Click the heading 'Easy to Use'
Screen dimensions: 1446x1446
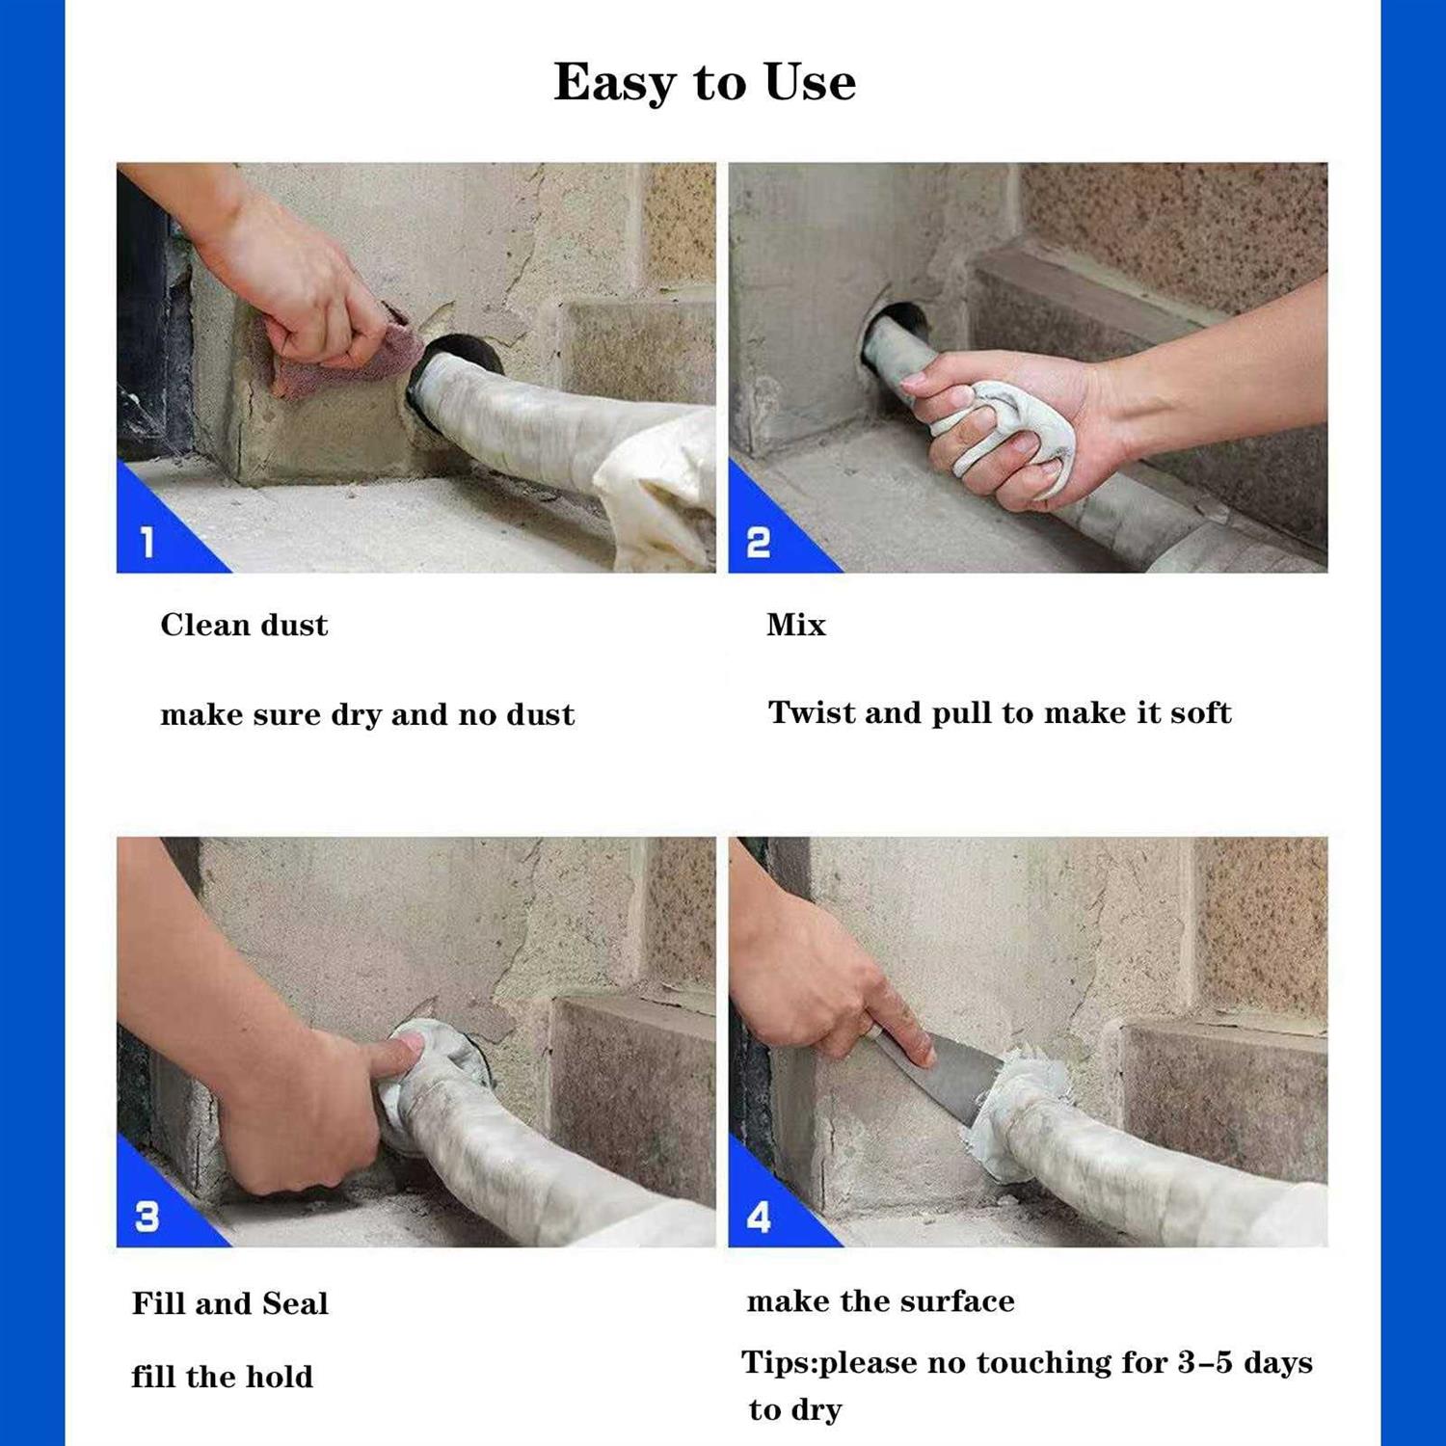(x=704, y=82)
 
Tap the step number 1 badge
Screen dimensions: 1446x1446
(x=147, y=543)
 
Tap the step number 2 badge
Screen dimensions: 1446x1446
(x=759, y=543)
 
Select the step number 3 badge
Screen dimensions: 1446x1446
(x=147, y=1217)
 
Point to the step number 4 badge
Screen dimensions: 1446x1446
(x=759, y=1217)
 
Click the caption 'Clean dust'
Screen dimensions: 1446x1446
(x=244, y=625)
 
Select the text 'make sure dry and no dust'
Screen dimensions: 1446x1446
(x=366, y=714)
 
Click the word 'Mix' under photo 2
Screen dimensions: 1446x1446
(x=795, y=625)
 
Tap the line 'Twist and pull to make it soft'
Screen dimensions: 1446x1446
(x=999, y=712)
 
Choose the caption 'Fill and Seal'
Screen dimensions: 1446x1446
(x=229, y=1303)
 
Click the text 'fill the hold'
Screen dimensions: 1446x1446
(x=222, y=1377)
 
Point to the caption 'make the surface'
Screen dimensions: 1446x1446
(x=880, y=1301)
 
